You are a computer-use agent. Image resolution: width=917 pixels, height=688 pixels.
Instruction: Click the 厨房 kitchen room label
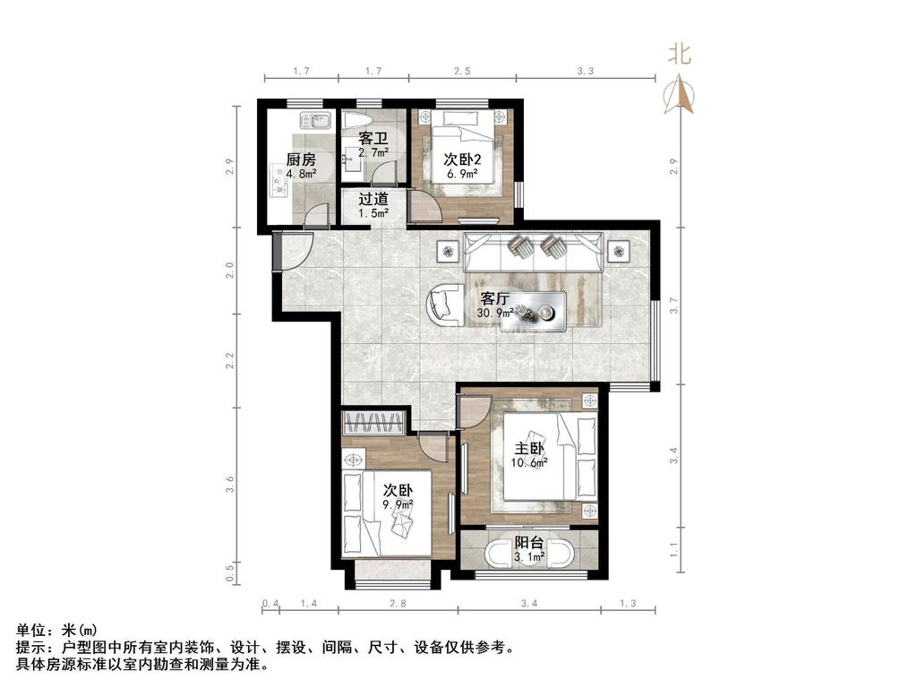point(299,159)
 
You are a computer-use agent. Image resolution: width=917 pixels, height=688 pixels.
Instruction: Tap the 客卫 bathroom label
point(373,138)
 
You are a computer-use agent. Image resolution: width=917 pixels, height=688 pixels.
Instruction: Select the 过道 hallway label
point(373,200)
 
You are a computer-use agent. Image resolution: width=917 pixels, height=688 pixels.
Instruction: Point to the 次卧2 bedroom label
point(463,159)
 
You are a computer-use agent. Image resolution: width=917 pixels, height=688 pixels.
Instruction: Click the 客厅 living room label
point(495,298)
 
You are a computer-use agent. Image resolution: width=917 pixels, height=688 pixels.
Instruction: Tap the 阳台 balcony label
point(528,542)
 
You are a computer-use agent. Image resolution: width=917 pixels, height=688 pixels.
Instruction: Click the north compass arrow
point(680,93)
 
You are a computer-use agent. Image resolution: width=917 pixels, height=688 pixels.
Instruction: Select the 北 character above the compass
point(680,55)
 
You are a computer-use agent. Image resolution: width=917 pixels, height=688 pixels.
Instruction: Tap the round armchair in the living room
point(444,305)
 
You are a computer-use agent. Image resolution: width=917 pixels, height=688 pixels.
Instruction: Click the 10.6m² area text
point(528,463)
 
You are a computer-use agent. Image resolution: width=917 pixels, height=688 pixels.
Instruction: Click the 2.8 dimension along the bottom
point(398,605)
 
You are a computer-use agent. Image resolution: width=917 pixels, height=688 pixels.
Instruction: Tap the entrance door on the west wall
point(290,251)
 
